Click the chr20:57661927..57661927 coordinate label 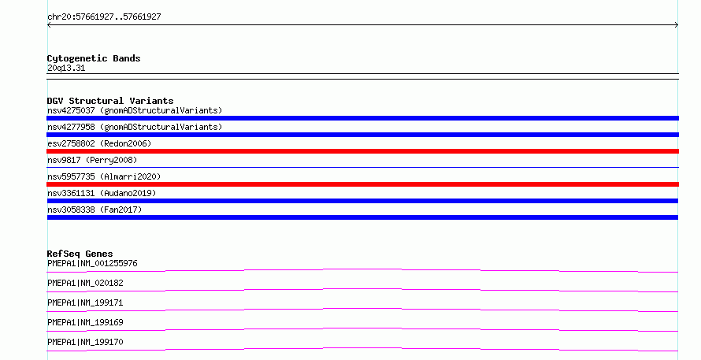(x=104, y=17)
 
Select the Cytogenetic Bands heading (x=94, y=58)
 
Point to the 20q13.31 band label (x=66, y=68)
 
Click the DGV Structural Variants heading (x=110, y=101)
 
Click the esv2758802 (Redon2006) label (x=99, y=143)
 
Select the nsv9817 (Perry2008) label (x=92, y=160)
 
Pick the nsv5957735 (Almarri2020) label (x=104, y=176)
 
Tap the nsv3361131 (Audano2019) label (x=102, y=193)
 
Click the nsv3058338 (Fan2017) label (x=95, y=210)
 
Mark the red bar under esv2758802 (x=362, y=151)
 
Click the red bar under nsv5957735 (x=362, y=184)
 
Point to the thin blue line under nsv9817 (x=362, y=167)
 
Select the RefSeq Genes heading (x=80, y=254)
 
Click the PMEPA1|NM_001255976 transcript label (x=92, y=263)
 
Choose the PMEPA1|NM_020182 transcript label (x=85, y=283)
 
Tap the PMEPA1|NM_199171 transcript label (x=85, y=302)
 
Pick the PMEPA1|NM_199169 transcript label (x=85, y=322)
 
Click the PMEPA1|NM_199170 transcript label (x=85, y=342)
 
